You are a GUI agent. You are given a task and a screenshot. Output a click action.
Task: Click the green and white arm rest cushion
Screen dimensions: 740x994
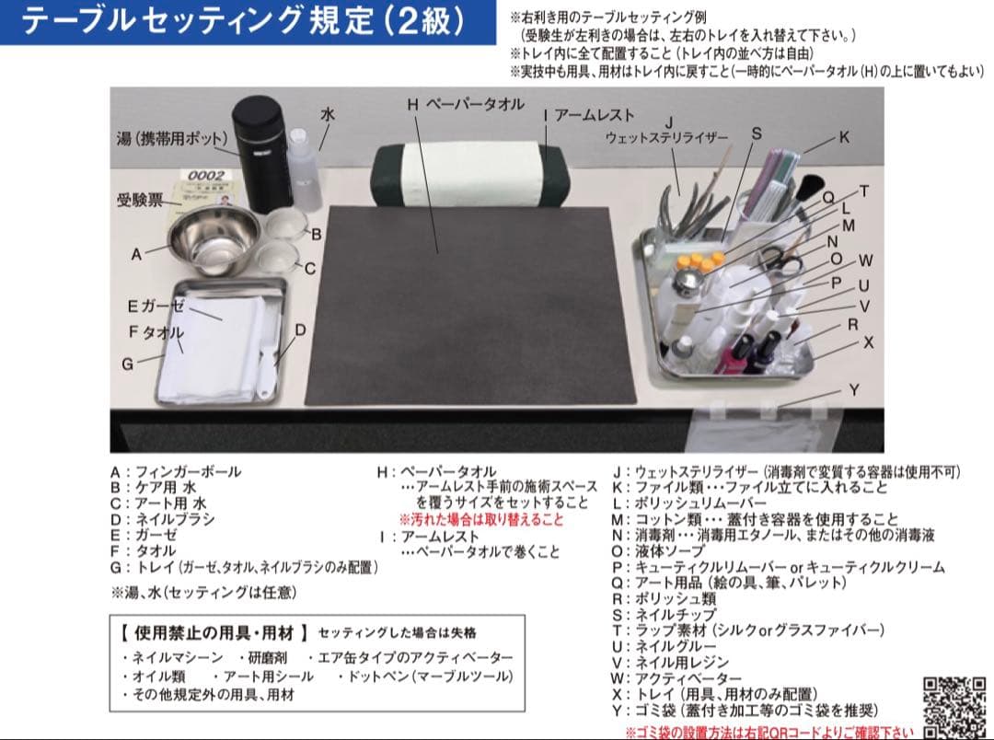[x=469, y=175]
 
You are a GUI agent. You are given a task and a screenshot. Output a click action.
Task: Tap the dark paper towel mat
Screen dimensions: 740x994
[x=470, y=304]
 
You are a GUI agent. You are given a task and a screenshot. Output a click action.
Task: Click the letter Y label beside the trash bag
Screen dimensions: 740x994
[x=853, y=390]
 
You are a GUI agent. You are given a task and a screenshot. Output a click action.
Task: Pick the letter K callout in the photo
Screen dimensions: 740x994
[x=844, y=137]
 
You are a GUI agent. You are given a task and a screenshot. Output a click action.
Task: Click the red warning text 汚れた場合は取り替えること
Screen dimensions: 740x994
[x=480, y=519]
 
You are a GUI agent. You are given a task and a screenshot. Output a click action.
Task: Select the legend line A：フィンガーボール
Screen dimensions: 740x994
[x=176, y=472]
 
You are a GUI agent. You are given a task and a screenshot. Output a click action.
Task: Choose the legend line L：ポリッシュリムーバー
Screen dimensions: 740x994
[x=689, y=503]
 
